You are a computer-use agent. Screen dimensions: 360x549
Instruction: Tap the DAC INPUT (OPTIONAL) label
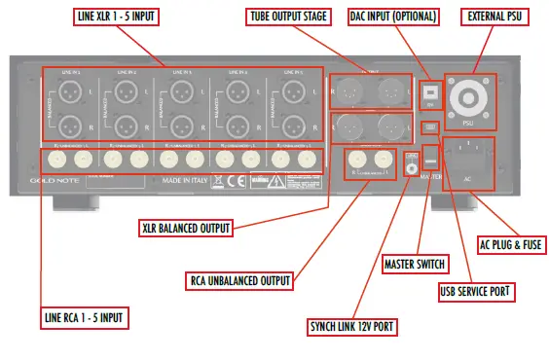[398, 18]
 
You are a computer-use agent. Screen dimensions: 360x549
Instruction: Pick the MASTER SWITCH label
[416, 262]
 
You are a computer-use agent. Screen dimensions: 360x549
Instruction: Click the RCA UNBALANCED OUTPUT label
[241, 281]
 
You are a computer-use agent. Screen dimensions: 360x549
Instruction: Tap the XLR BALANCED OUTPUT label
[186, 229]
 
